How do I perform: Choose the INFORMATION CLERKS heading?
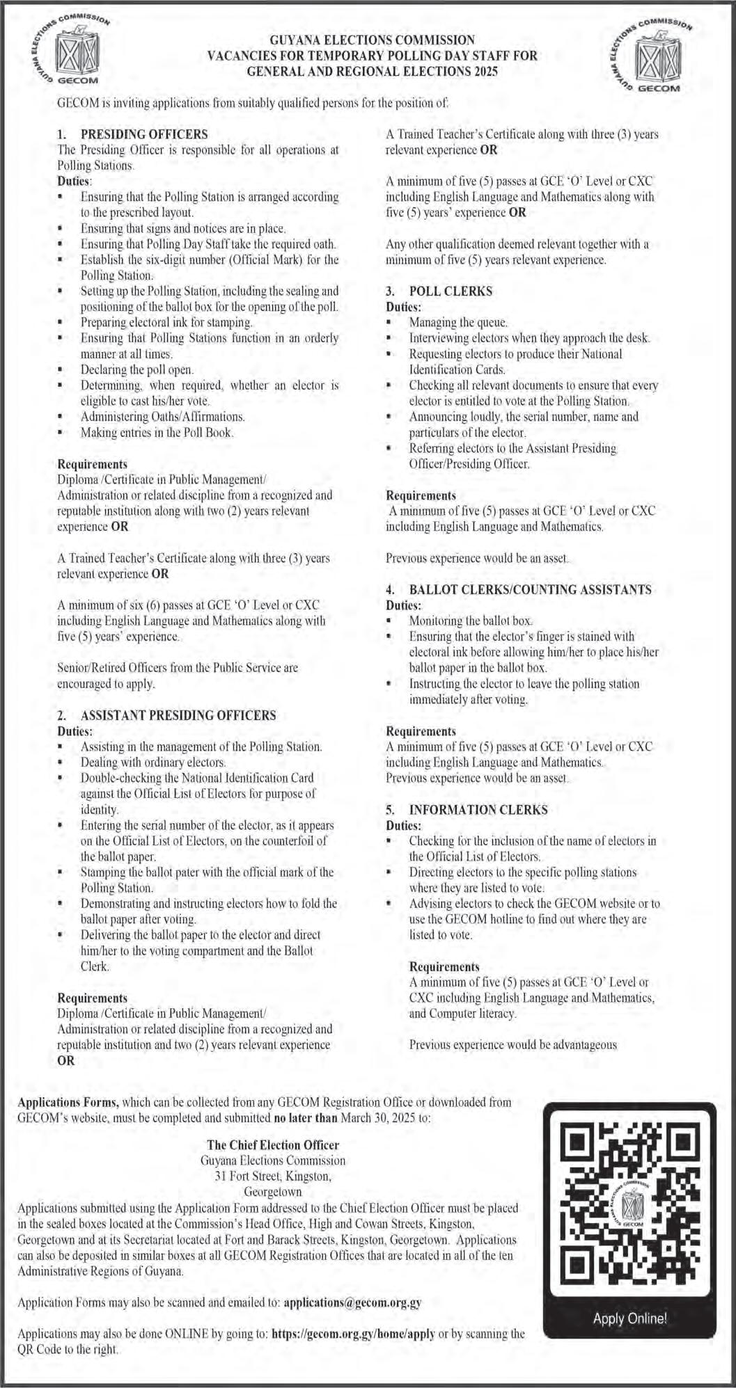(x=478, y=810)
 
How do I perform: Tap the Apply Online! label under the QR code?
(x=629, y=1318)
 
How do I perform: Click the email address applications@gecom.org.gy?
(x=353, y=1302)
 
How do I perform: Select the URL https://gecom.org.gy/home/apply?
(x=353, y=1334)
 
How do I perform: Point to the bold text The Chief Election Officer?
(x=273, y=1144)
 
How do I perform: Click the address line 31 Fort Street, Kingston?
(x=273, y=1176)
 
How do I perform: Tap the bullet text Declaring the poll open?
(x=137, y=369)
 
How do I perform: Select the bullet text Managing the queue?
(x=458, y=323)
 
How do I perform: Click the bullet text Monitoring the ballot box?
(x=471, y=621)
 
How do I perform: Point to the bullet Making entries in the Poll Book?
(x=157, y=432)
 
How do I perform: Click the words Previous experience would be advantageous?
(x=512, y=1044)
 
